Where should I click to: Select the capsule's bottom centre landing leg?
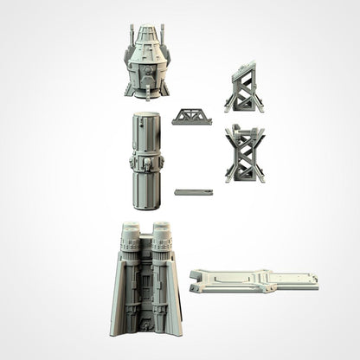[146, 90]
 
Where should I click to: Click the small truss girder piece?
[190, 117]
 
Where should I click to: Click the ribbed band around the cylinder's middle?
[146, 162]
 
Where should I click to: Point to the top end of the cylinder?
[146, 116]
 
